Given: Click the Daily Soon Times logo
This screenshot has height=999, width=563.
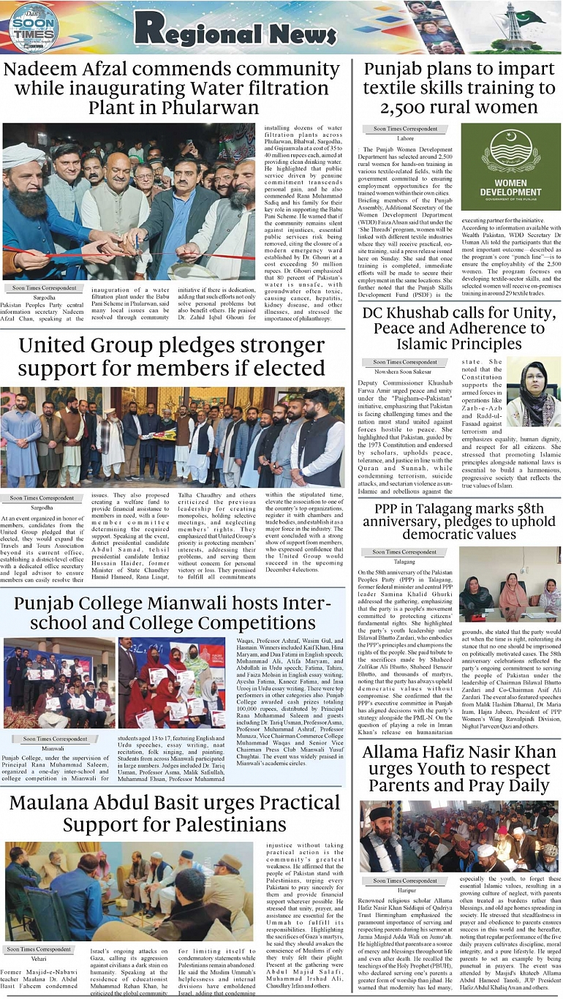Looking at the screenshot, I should click(34, 28).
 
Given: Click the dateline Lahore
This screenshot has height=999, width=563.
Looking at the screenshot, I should click(406, 137).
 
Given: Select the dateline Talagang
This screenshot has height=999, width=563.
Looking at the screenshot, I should click(404, 562).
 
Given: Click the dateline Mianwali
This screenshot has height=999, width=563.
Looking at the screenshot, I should click(53, 748).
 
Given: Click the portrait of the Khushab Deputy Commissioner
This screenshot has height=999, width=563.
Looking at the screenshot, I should click(533, 392).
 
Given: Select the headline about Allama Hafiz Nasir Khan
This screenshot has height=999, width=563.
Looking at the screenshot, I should click(459, 769).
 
